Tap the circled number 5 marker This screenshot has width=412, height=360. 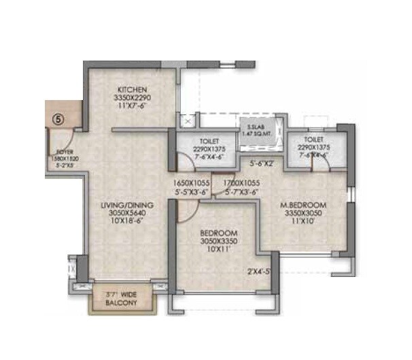[58, 118]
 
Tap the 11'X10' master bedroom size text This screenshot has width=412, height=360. [305, 220]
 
